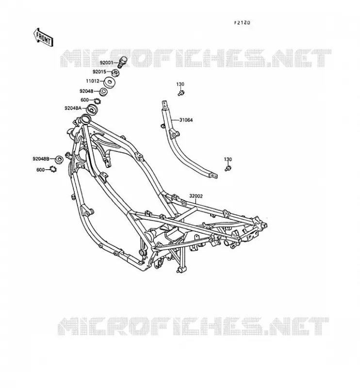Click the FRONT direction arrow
pyautogui.click(x=43, y=37)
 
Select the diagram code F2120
pyautogui.click(x=242, y=23)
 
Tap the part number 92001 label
pyautogui.click(x=106, y=63)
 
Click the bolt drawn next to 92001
pyautogui.click(x=123, y=62)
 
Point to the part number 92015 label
pyautogui.click(x=99, y=72)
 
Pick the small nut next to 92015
pyautogui.click(x=115, y=73)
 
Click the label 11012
pyautogui.click(x=92, y=81)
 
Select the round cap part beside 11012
pyautogui.click(x=109, y=82)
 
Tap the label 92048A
pyautogui.click(x=73, y=108)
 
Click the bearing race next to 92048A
pyautogui.click(x=92, y=110)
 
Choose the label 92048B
pyautogui.click(x=41, y=159)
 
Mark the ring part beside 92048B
pyautogui.click(x=59, y=160)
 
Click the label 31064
pyautogui.click(x=186, y=120)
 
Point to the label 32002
pyautogui.click(x=196, y=196)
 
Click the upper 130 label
pyautogui.click(x=180, y=84)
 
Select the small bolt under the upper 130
pyautogui.click(x=181, y=93)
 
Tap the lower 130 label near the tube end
pyautogui.click(x=228, y=160)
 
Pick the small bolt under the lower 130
pyautogui.click(x=228, y=168)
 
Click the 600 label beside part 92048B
pyautogui.click(x=40, y=170)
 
